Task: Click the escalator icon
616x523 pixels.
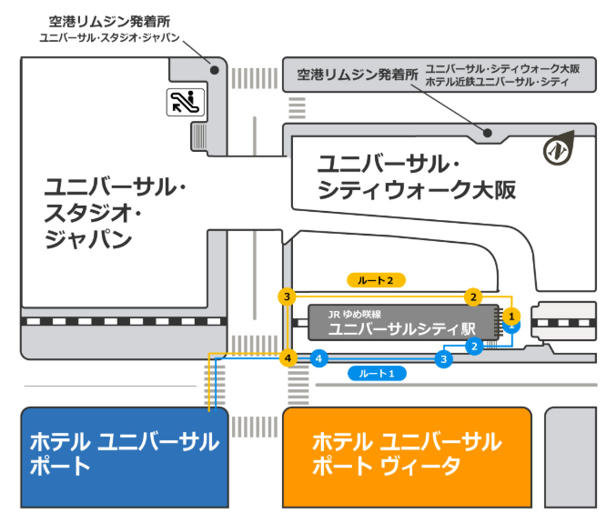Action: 186,103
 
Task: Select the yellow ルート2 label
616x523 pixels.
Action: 376,280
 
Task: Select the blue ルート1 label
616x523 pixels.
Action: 377,374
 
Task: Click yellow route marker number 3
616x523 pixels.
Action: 288,297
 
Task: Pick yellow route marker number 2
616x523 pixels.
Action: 473,297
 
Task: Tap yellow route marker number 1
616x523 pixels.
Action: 511,317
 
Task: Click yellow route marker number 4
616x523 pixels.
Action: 288,358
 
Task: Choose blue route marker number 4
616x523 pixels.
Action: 318,358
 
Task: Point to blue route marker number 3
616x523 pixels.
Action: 443,359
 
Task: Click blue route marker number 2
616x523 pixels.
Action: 474,347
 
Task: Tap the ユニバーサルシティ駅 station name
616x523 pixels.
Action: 401,329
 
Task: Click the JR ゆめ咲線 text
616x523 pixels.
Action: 354,314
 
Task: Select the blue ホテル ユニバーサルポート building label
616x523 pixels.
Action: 125,454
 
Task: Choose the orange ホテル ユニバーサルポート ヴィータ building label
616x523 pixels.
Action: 407,454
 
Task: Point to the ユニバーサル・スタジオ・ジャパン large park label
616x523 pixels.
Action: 115,213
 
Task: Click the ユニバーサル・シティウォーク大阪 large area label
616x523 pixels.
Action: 417,176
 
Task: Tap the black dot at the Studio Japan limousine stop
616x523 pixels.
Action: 215,70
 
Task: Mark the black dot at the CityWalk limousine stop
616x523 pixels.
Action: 488,133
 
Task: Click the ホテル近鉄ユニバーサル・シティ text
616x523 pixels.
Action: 497,82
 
